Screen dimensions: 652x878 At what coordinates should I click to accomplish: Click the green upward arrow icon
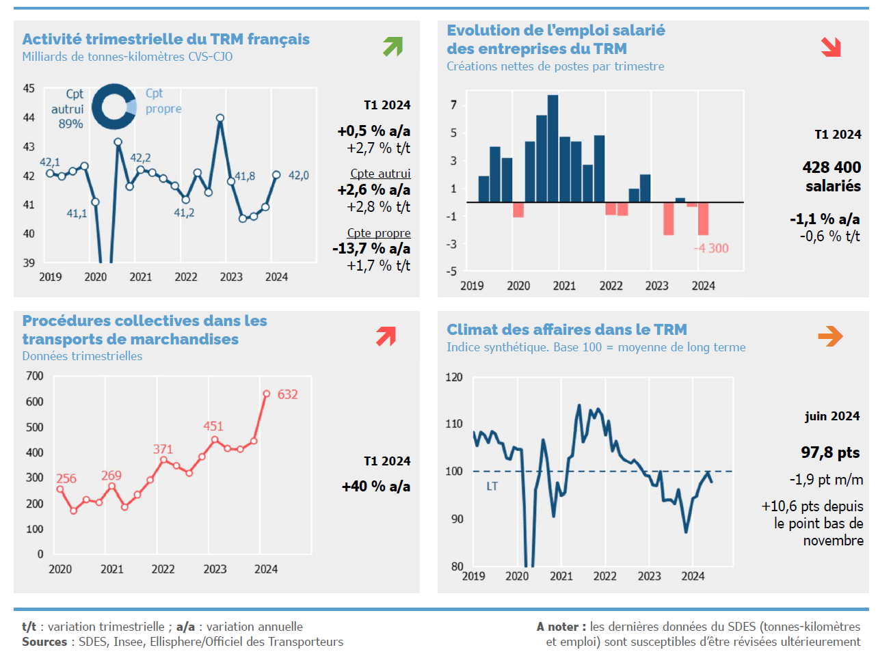pyautogui.click(x=393, y=46)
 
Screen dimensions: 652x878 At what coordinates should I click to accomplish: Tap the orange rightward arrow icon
pyautogui.click(x=830, y=336)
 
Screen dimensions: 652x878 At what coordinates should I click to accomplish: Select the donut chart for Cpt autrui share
pyautogui.click(x=114, y=107)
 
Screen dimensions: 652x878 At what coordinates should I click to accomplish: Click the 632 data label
pyautogui.click(x=287, y=394)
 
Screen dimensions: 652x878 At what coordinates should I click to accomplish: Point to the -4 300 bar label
pyautogui.click(x=711, y=248)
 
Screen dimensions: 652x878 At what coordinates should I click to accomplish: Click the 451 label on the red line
pyautogui.click(x=213, y=426)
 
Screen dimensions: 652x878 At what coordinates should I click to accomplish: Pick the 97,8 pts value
pyautogui.click(x=830, y=452)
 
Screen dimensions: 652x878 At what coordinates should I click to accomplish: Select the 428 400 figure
pyautogui.click(x=832, y=167)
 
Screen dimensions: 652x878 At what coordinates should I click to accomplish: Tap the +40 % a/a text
pyautogui.click(x=376, y=487)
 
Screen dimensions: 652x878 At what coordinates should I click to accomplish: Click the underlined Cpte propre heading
pyautogui.click(x=379, y=233)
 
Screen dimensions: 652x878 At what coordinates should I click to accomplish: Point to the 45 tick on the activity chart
pyautogui.click(x=29, y=88)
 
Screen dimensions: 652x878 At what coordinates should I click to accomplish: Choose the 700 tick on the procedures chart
pyautogui.click(x=35, y=376)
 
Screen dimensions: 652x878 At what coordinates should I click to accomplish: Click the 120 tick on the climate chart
pyautogui.click(x=454, y=377)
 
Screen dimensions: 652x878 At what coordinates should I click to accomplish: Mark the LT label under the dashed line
pyautogui.click(x=492, y=487)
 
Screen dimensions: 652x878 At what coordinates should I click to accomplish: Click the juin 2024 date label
pyautogui.click(x=832, y=416)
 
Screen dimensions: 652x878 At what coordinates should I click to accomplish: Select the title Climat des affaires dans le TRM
pyautogui.click(x=567, y=329)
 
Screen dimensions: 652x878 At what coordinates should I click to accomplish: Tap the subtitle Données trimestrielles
pyautogui.click(x=82, y=356)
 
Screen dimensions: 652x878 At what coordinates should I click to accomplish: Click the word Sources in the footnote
pyautogui.click(x=44, y=642)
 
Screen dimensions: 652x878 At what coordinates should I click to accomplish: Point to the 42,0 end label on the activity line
pyautogui.click(x=298, y=176)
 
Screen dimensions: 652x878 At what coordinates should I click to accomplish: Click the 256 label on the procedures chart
pyautogui.click(x=66, y=478)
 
